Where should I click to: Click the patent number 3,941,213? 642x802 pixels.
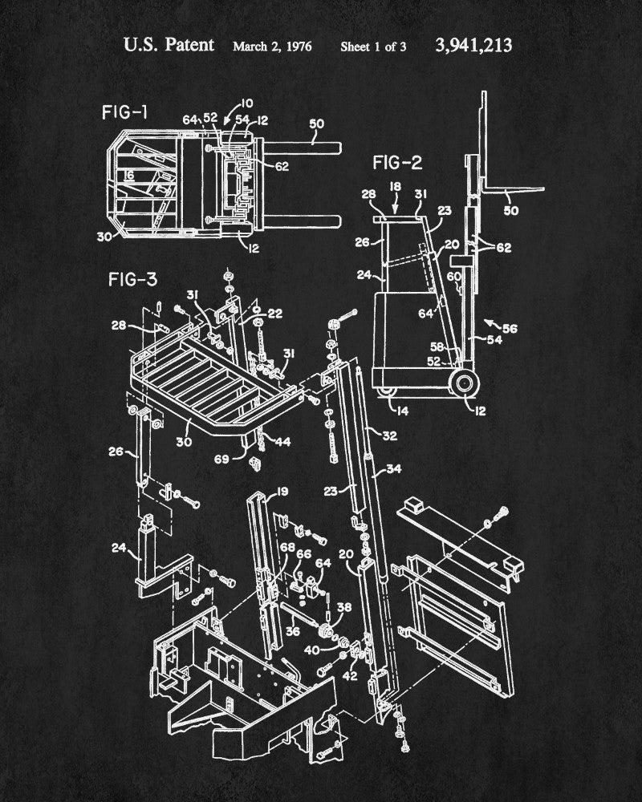(x=473, y=45)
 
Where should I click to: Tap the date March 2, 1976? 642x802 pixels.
(x=273, y=46)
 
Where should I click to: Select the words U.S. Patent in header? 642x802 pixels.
(x=169, y=45)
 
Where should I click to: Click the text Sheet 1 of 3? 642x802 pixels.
(x=373, y=46)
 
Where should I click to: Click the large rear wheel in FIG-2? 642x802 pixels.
(x=462, y=382)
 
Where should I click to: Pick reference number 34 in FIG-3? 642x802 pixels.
(x=394, y=469)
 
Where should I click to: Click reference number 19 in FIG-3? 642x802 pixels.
(x=259, y=491)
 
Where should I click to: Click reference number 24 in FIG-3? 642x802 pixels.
(x=118, y=549)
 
